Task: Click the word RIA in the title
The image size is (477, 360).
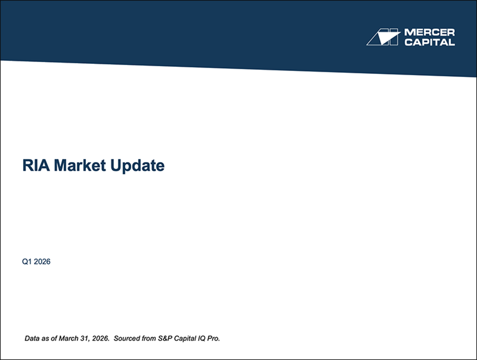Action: pyautogui.click(x=36, y=166)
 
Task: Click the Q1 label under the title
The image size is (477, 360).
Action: pyautogui.click(x=27, y=262)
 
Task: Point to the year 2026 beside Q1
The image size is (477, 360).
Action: pyautogui.click(x=42, y=262)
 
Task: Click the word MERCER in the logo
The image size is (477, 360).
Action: pyautogui.click(x=429, y=32)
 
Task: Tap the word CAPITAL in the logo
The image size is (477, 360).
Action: pyautogui.click(x=429, y=42)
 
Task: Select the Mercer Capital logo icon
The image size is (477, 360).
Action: pyautogui.click(x=383, y=37)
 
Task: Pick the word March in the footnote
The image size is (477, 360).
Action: pyautogui.click(x=68, y=339)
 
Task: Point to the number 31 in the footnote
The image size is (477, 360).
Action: pyautogui.click(x=85, y=339)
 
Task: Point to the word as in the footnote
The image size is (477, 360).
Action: pyautogui.click(x=46, y=339)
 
